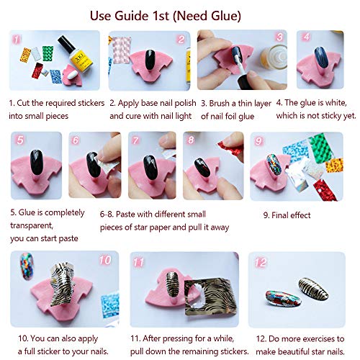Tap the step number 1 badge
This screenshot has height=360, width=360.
(17, 40)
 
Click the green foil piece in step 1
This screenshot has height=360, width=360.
(48, 53)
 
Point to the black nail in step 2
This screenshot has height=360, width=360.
(150, 60)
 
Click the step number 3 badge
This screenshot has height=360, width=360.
(279, 37)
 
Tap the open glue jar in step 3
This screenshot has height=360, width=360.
(274, 57)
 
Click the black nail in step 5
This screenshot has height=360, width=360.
(37, 163)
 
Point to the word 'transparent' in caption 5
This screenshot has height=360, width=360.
(31, 225)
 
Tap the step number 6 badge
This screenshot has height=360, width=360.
(76, 140)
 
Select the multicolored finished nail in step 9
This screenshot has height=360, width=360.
(274, 164)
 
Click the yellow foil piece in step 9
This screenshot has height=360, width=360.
(334, 165)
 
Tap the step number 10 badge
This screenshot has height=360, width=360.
(105, 260)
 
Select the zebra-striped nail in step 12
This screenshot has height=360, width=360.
(313, 289)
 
